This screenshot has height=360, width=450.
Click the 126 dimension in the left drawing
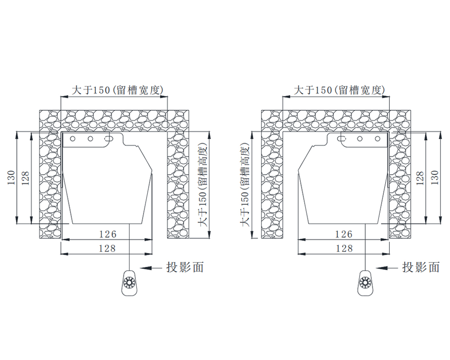tap(108, 234)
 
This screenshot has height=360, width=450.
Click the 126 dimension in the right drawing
tap(344, 234)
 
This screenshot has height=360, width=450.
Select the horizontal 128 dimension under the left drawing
tap(108, 248)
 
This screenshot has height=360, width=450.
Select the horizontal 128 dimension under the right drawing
tap(344, 248)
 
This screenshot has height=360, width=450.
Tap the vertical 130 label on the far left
tap(11, 178)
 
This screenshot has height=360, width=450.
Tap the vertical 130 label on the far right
tap(435, 177)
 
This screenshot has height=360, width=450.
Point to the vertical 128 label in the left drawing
tap(26, 178)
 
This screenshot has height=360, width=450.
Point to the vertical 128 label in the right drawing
tap(420, 178)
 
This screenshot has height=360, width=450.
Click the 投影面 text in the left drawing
tap(185, 267)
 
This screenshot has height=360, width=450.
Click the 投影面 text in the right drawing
tap(421, 267)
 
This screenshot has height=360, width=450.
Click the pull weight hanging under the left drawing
tap(130, 283)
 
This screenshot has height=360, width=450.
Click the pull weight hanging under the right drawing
tap(365, 283)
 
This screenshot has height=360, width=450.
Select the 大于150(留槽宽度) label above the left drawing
tap(117, 90)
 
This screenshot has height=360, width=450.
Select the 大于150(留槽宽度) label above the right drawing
tap(339, 90)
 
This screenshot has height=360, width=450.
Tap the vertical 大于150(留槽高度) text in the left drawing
tap(203, 184)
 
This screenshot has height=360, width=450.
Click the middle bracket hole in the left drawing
tap(90, 139)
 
